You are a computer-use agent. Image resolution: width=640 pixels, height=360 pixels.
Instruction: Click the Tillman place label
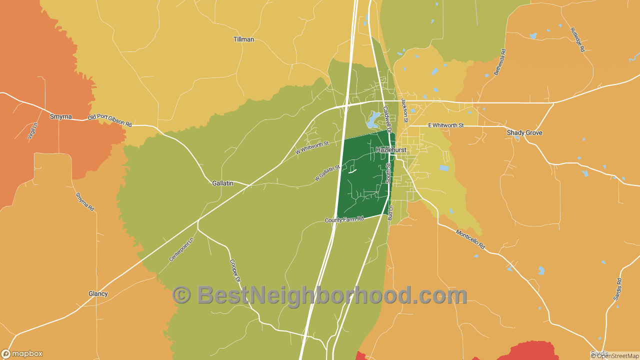(243, 39)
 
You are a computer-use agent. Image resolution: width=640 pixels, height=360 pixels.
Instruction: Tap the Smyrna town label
(60, 116)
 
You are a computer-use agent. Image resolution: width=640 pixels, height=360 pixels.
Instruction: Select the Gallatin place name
(222, 183)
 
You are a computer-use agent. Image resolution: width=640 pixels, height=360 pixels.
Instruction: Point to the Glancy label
(98, 294)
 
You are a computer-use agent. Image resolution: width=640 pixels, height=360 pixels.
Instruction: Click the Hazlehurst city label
(391, 150)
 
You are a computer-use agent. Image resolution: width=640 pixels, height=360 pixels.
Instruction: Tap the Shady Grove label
(524, 133)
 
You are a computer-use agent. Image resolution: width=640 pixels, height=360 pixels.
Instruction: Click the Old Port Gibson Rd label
(109, 121)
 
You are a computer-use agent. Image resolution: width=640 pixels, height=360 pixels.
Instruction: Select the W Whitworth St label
(311, 147)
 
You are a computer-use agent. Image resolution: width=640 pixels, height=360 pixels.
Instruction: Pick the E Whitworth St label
(446, 125)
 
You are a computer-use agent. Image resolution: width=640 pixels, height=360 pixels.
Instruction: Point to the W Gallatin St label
(327, 173)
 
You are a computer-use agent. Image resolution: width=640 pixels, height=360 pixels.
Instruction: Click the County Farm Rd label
(344, 219)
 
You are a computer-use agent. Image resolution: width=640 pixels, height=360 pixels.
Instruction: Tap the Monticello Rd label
(470, 239)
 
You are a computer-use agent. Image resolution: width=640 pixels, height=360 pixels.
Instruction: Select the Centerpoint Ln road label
(180, 249)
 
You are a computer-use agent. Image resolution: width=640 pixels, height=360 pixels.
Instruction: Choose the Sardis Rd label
(617, 289)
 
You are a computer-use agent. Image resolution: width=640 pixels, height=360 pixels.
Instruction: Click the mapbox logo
(22, 353)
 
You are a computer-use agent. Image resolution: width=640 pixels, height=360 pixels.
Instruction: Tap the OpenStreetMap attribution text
(614, 356)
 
